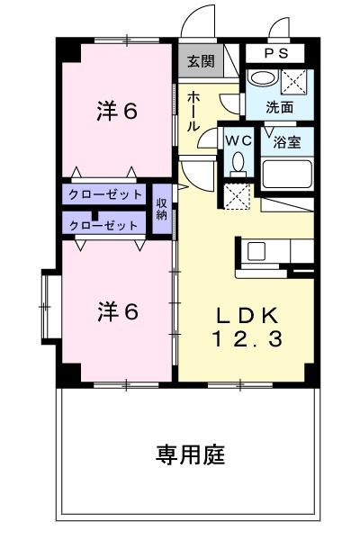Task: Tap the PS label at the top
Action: click(277, 53)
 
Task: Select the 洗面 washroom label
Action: click(279, 105)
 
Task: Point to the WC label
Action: click(238, 140)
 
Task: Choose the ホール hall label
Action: click(193, 112)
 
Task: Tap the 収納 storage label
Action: click(162, 209)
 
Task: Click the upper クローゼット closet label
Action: click(105, 194)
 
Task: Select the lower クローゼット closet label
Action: click(105, 225)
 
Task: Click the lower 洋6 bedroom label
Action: click(117, 311)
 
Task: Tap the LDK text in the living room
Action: click(247, 316)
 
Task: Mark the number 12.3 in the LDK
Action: click(247, 339)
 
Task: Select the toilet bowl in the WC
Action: click(238, 161)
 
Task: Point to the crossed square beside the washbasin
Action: click(294, 80)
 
